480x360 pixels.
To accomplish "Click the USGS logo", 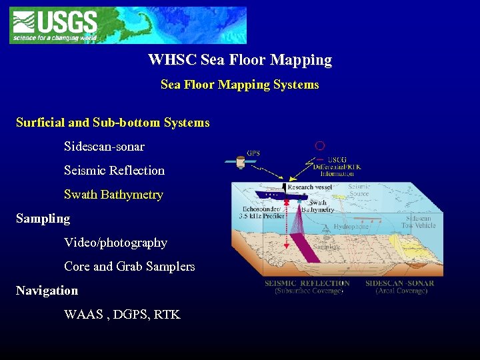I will (54, 25).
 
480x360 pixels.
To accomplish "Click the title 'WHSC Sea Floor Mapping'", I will (240, 60).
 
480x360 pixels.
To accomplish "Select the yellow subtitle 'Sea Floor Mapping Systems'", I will (240, 85).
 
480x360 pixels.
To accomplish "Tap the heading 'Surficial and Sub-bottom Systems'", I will (113, 123).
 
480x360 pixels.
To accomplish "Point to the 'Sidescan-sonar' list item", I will (104, 147).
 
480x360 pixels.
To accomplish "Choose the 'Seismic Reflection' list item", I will (114, 171).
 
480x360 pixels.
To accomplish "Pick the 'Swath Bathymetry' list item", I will (113, 195).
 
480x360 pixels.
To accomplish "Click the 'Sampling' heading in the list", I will (43, 219).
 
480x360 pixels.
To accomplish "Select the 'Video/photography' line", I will (115, 243).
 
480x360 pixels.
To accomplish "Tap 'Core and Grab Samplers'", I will (129, 267).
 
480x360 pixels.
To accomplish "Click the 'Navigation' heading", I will (47, 291).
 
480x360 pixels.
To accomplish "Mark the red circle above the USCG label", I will (320, 145).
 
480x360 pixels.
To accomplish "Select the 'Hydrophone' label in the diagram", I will (351, 227).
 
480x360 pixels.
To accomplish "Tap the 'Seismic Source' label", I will (359, 191).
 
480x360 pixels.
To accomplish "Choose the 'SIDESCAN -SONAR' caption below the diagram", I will (400, 283).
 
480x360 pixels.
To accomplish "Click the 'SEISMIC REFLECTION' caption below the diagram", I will (307, 283).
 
